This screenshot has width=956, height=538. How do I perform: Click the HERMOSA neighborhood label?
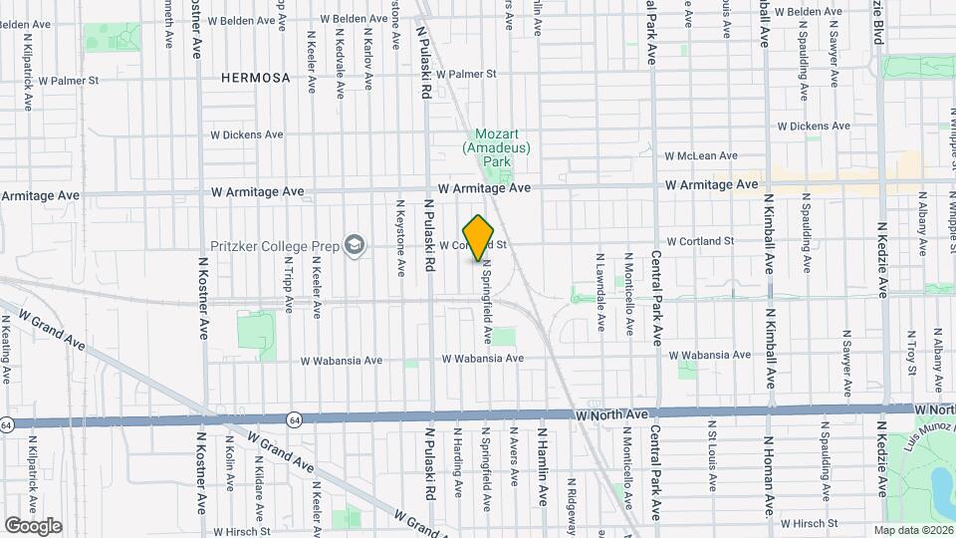click(255, 77)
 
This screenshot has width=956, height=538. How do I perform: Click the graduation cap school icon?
click(354, 244)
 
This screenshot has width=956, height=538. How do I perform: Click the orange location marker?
click(479, 237)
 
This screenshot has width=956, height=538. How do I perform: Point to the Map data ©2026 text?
click(913, 530)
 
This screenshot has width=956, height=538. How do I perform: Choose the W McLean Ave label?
click(701, 155)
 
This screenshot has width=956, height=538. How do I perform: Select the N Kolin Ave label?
click(230, 467)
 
